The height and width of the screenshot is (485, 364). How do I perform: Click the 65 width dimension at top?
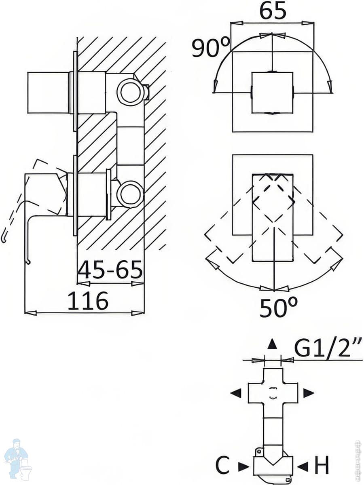click(273, 11)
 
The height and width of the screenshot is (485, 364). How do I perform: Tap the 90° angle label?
click(211, 48)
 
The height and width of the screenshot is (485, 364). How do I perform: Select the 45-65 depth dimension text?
click(110, 270)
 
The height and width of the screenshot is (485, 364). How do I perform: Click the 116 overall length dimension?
click(88, 301)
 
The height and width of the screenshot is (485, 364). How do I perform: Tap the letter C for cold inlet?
click(223, 466)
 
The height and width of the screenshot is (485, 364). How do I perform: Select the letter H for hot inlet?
click(322, 466)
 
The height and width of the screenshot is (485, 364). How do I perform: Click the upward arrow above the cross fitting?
click(273, 344)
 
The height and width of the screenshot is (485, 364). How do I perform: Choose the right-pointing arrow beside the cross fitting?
click(309, 392)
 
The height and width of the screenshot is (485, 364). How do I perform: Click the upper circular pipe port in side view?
click(130, 92)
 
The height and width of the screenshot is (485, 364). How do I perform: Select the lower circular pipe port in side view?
click(130, 194)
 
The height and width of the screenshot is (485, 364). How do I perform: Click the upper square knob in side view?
click(48, 93)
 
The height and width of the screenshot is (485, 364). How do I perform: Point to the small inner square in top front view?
click(272, 93)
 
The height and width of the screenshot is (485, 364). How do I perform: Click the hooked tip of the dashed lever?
click(4, 239)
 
